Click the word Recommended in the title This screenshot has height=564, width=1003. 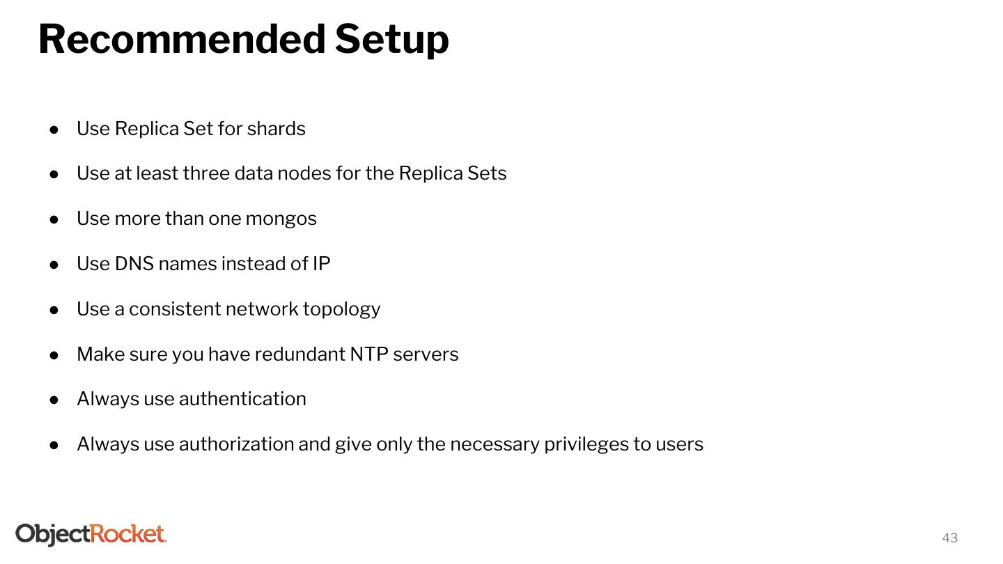181,39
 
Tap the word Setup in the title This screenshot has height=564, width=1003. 391,40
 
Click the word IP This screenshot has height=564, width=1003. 321,264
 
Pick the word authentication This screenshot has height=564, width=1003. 242,399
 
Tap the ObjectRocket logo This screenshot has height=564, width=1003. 91,534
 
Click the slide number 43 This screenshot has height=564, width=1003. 949,538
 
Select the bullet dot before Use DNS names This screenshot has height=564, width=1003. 54,265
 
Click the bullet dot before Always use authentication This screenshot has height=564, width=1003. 54,400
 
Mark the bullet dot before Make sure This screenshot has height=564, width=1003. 54,355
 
